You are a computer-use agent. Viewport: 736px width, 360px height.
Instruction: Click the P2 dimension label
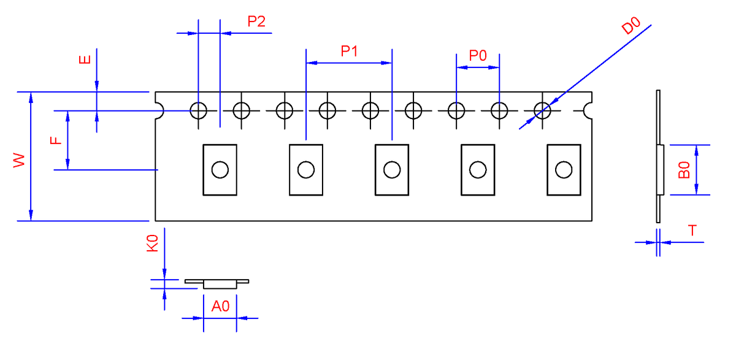256,21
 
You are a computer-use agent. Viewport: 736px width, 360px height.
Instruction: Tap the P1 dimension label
349,52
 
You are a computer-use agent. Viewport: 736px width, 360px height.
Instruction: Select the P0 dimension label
477,56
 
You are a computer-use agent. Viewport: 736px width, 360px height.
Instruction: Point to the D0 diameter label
631,26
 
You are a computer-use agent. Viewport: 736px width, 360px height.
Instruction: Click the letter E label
85,59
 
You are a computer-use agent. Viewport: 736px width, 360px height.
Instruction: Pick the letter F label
56,140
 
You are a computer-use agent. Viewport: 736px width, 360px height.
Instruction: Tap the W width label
19,160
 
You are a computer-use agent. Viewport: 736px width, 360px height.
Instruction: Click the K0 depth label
152,243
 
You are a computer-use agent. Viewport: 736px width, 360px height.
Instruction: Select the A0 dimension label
220,306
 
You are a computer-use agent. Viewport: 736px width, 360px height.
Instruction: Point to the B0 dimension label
684,170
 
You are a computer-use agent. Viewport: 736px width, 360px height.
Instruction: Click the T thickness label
692,230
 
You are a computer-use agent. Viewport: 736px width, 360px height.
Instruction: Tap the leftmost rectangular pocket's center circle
220,170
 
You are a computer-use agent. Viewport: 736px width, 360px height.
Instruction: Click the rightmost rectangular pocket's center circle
564,170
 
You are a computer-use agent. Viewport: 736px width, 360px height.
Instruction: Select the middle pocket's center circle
392,170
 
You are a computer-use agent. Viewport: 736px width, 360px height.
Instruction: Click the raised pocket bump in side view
662,170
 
